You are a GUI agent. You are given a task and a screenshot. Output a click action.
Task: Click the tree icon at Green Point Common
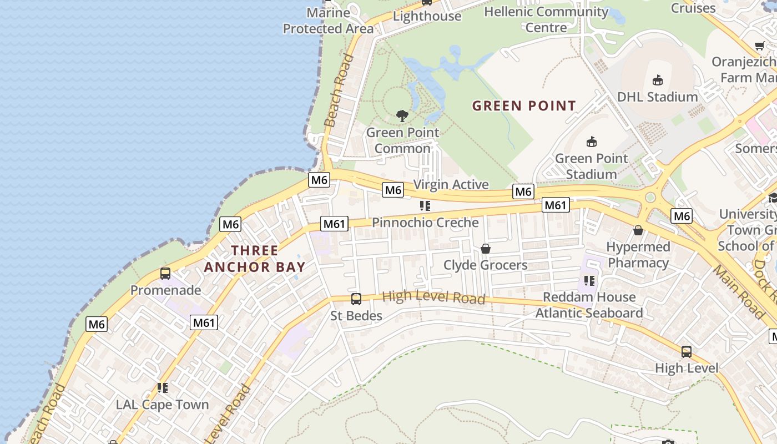402,116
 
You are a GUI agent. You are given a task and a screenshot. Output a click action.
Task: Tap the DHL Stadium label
657,97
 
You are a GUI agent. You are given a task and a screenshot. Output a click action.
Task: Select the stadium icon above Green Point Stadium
592,142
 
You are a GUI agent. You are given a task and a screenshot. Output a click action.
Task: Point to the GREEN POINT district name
524,105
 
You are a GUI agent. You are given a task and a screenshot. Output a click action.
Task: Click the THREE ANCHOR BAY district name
255,259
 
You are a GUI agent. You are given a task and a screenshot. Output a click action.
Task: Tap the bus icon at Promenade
165,273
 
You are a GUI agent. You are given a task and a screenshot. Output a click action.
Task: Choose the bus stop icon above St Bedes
356,299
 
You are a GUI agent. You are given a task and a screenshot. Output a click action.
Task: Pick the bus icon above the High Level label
687,351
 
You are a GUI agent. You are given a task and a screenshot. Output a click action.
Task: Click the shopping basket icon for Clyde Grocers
486,249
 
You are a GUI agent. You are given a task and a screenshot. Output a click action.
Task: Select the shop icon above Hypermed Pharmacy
638,230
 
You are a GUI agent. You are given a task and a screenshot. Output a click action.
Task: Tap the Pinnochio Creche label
425,223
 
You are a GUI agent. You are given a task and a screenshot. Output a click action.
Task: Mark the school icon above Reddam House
589,281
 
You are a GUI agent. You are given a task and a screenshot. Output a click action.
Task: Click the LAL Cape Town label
162,405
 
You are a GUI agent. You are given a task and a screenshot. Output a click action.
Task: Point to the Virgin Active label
451,184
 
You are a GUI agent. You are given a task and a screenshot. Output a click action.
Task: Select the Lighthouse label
427,16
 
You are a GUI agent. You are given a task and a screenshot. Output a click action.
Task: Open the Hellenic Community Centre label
546,19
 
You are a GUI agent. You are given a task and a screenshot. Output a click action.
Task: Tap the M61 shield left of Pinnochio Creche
334,224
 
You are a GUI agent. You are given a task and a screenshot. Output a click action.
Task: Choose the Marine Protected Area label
328,21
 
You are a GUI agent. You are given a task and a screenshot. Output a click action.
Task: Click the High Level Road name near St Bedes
433,297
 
